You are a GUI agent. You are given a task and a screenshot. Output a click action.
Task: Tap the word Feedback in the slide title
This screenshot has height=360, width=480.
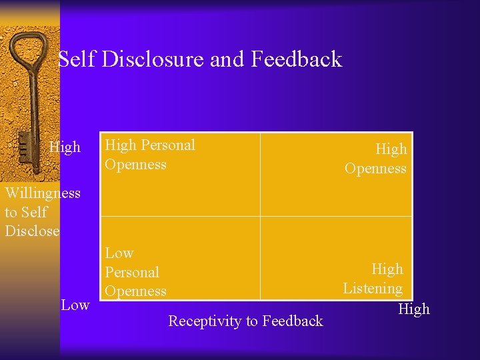click(296, 59)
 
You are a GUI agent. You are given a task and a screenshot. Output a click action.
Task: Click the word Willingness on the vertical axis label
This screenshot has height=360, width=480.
click(43, 193)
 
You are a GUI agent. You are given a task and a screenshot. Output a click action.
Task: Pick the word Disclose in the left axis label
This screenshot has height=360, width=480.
click(32, 231)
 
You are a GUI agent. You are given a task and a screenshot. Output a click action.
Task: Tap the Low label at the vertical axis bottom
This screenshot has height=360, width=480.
click(75, 305)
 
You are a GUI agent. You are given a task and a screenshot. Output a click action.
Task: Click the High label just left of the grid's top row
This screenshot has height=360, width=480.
click(65, 147)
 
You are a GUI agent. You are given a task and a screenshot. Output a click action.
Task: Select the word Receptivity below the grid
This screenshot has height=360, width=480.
click(205, 321)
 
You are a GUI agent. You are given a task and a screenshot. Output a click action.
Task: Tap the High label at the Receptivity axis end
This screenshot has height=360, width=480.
click(414, 309)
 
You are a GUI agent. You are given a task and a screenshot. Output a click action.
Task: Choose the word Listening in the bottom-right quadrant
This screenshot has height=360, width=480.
click(373, 289)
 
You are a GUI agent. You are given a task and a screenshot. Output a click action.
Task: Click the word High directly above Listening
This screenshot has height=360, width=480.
click(387, 269)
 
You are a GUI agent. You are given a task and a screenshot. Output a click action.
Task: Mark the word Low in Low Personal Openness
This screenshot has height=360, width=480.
click(119, 253)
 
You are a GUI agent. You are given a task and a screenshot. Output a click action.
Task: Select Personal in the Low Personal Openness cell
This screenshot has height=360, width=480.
click(132, 273)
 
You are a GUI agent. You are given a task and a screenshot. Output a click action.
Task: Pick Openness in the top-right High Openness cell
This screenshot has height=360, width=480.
click(375, 169)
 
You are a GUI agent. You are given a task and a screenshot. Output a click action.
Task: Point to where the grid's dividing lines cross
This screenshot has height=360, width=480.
click(260, 216)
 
